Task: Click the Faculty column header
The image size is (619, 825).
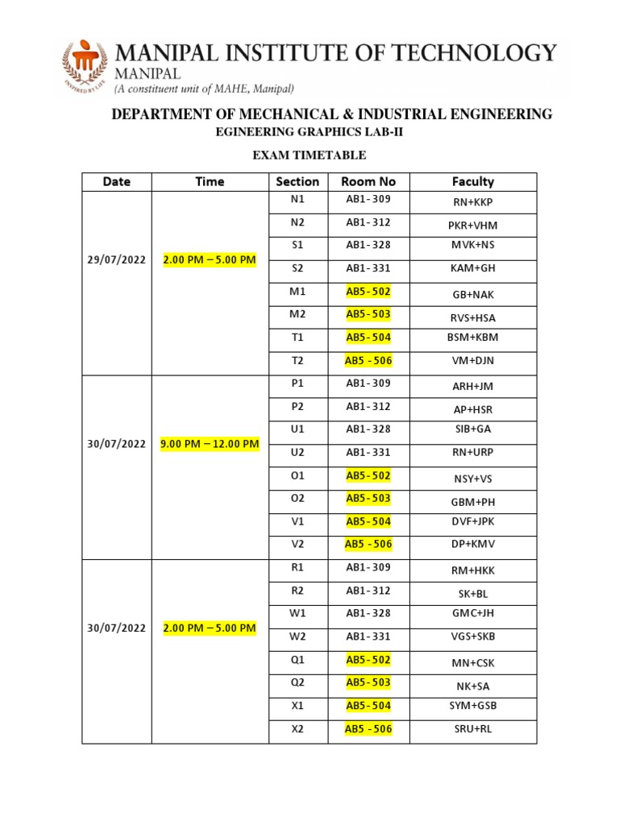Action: point(473,182)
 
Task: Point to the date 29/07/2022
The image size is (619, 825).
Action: point(117,260)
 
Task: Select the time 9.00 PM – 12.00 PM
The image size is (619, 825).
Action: point(210,444)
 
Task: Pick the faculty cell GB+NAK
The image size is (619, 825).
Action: point(473,296)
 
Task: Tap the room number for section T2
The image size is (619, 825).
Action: point(368,360)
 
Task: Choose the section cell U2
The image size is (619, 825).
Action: point(297,452)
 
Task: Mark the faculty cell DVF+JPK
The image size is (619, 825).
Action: point(473,521)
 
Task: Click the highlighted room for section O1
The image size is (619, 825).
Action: point(368,476)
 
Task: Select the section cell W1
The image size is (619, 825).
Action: point(297,613)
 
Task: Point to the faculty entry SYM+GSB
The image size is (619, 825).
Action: point(473,706)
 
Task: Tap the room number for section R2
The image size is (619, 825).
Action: point(368,591)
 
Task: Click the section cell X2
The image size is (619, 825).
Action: point(297,729)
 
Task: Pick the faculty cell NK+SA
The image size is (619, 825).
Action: point(473,686)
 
